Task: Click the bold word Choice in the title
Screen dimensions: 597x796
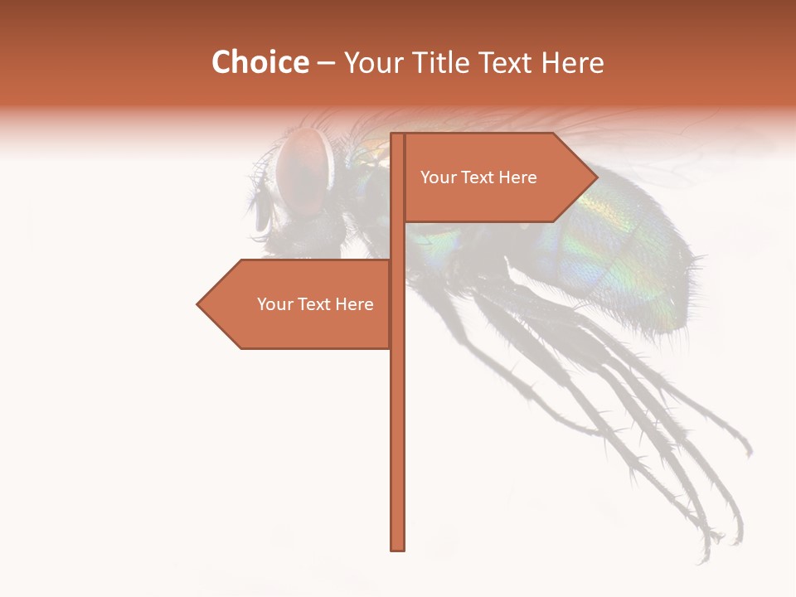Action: pos(260,63)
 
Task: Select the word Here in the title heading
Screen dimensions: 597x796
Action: pos(573,63)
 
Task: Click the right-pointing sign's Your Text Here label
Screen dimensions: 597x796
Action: pos(478,177)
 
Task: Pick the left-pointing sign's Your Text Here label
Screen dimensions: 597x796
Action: pos(315,304)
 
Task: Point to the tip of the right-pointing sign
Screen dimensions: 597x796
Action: pos(596,177)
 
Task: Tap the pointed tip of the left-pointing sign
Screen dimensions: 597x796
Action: pos(198,304)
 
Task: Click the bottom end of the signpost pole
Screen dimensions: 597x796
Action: pos(397,548)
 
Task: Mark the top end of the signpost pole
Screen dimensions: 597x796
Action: pos(397,135)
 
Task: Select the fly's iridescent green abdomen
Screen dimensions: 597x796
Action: pos(614,249)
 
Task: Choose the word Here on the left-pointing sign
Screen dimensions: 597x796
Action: pos(354,304)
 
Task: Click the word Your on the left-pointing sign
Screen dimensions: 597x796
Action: pos(273,304)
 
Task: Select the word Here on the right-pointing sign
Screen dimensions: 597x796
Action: pos(517,177)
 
